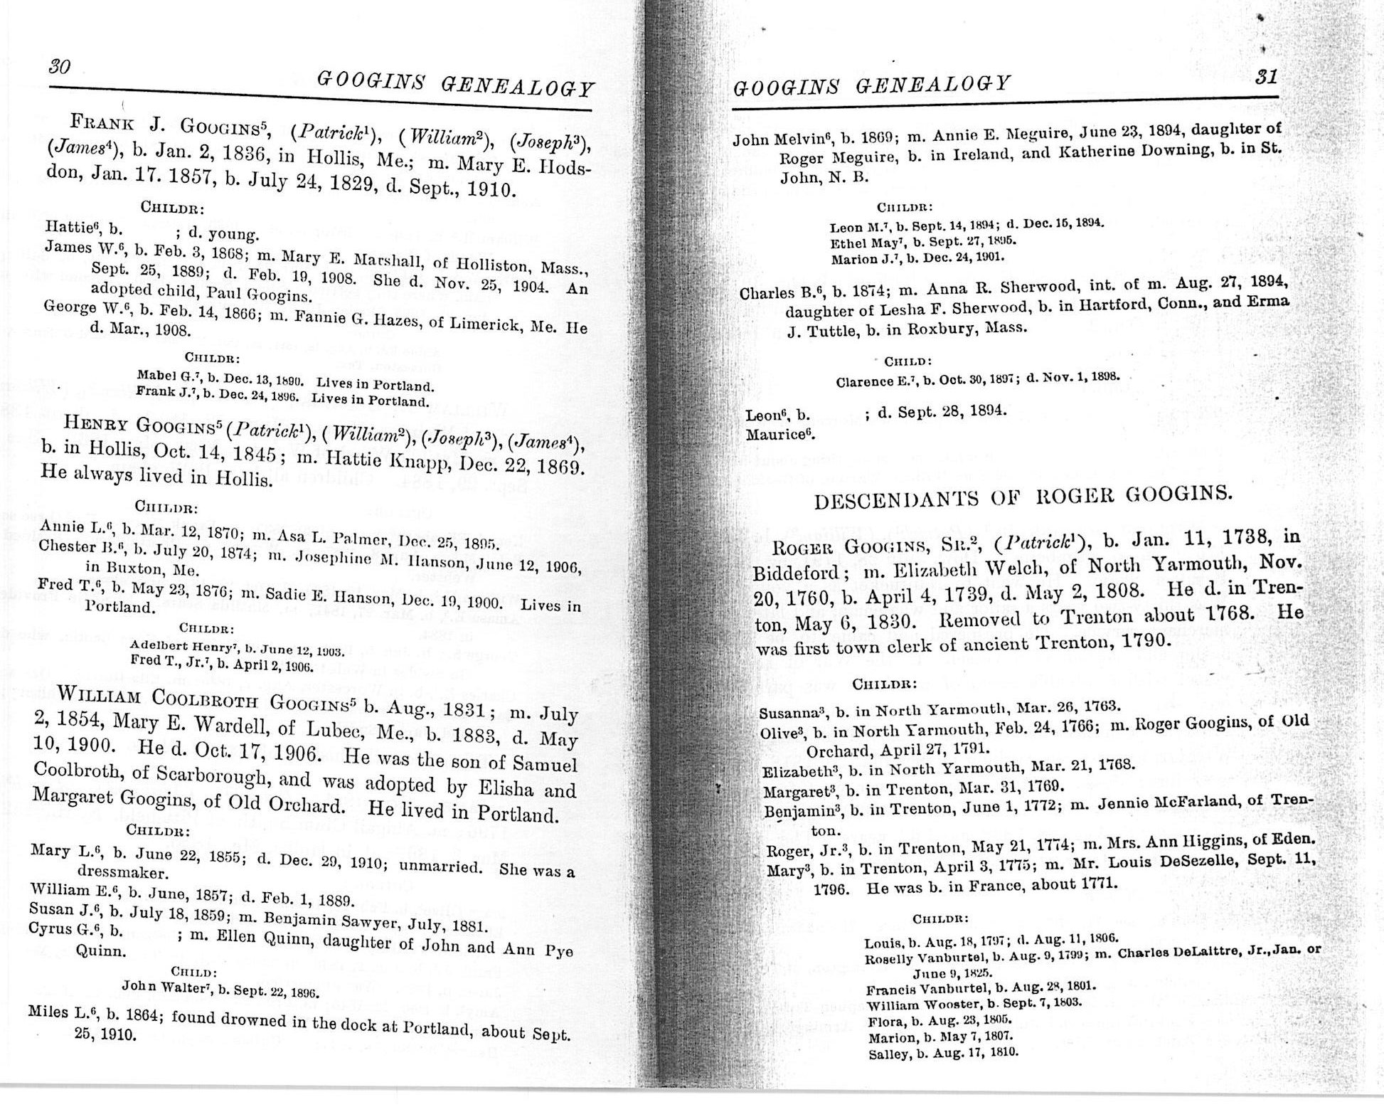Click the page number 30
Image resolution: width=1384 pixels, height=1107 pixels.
coord(60,67)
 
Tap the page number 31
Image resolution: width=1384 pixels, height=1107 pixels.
coord(1267,76)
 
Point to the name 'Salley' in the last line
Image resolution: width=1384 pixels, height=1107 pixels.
coord(886,1054)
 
